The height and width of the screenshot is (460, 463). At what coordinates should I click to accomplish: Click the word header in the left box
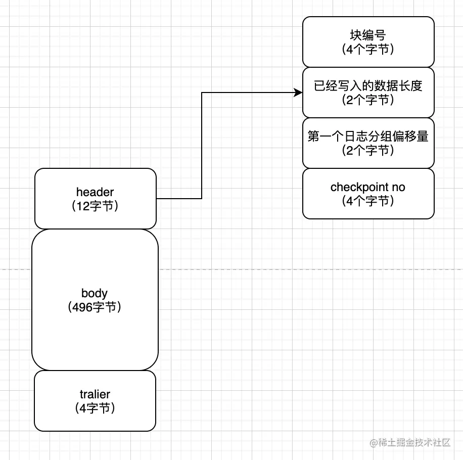pos(95,192)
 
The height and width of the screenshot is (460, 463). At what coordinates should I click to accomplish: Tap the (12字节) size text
pos(95,206)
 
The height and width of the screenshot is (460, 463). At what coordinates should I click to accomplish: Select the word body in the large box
pos(95,293)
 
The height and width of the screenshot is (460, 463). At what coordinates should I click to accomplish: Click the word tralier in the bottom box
pos(95,394)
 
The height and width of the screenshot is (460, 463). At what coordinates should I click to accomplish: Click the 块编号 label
pos(368,36)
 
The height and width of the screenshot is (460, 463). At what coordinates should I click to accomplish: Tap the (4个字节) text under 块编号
pos(368,50)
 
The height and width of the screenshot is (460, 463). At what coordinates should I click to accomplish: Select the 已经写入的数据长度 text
pos(368,86)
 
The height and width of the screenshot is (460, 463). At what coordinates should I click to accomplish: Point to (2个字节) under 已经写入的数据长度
pos(368,100)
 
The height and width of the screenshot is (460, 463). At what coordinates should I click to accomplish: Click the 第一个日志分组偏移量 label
pos(368,136)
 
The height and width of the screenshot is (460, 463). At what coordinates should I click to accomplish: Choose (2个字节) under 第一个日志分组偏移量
pos(368,150)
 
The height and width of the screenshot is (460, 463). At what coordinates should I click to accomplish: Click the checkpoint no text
pos(368,187)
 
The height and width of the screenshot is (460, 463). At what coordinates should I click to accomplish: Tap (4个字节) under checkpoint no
pos(368,201)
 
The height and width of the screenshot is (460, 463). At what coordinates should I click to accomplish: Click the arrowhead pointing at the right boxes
pos(299,93)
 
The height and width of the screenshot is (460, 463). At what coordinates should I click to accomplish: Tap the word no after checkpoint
pos(399,187)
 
